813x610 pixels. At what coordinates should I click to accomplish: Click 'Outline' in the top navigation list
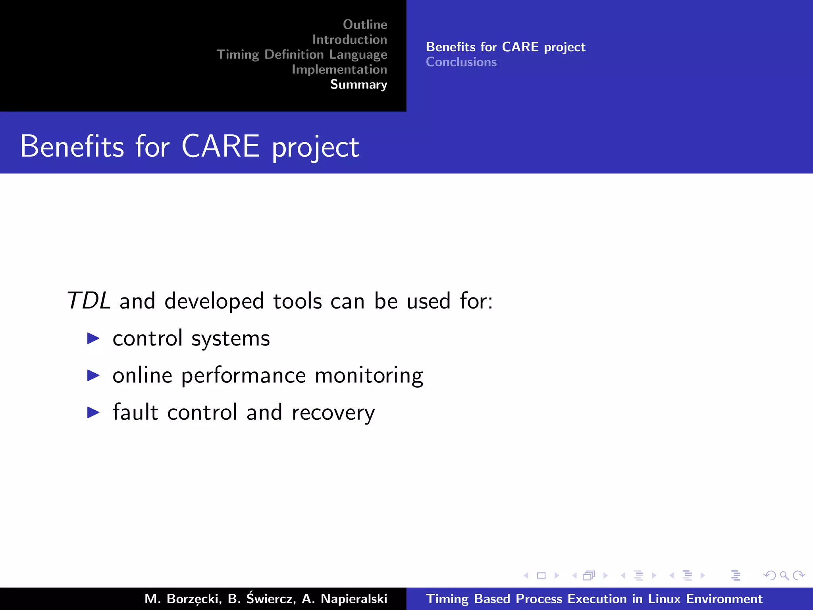pyautogui.click(x=365, y=25)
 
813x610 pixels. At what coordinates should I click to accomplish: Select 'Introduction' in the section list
pyautogui.click(x=349, y=40)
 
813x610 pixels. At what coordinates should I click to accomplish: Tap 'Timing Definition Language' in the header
pyautogui.click(x=302, y=54)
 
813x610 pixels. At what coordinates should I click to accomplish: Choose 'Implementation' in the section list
pyautogui.click(x=339, y=69)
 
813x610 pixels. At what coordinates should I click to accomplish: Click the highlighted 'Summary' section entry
pyautogui.click(x=358, y=85)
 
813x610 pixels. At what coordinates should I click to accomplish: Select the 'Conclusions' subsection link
pyautogui.click(x=461, y=62)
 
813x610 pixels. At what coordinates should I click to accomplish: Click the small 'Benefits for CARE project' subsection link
pyautogui.click(x=505, y=47)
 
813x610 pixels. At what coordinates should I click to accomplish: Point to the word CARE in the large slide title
pyautogui.click(x=220, y=146)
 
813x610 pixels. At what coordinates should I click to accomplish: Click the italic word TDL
pyautogui.click(x=88, y=301)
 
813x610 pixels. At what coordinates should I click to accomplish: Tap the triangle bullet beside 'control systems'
pyautogui.click(x=93, y=338)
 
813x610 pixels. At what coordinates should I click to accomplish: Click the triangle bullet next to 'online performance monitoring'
pyautogui.click(x=93, y=375)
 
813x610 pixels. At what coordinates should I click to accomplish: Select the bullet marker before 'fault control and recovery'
pyautogui.click(x=93, y=412)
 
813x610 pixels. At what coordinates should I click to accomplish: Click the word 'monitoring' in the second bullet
pyautogui.click(x=369, y=375)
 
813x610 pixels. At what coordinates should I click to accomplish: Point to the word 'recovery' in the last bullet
pyautogui.click(x=333, y=413)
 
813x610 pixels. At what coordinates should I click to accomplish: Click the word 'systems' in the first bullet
pyautogui.click(x=230, y=339)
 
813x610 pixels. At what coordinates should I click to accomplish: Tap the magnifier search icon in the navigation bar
pyautogui.click(x=784, y=575)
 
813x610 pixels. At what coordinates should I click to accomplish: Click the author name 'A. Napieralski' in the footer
pyautogui.click(x=344, y=598)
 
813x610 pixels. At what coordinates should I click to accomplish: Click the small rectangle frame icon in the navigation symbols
pyautogui.click(x=541, y=575)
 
